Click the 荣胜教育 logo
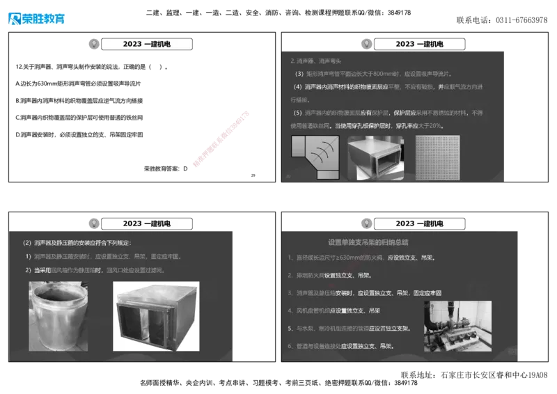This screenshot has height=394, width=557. click(x=36, y=18)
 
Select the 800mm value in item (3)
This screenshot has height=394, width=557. click(x=385, y=73)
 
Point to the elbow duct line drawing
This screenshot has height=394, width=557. click(x=315, y=157)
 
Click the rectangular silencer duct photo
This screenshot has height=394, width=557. click(x=375, y=157)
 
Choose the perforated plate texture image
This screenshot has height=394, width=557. click(x=439, y=157)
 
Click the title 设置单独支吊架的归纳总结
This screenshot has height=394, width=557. click(x=368, y=242)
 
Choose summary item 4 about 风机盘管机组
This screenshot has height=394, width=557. click(x=334, y=310)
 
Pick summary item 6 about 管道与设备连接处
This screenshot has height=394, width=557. click(x=341, y=346)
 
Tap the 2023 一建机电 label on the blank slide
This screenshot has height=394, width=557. click(x=147, y=44)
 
